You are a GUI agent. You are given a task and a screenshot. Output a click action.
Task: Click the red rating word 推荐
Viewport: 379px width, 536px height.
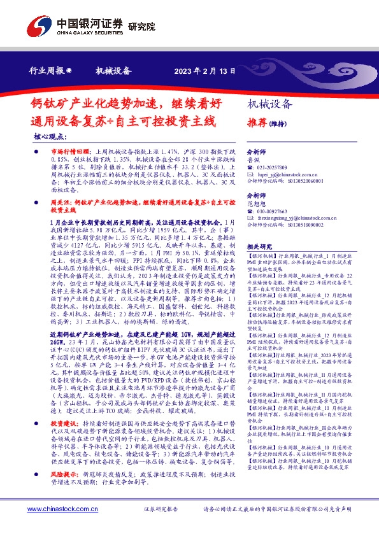(x=257, y=122)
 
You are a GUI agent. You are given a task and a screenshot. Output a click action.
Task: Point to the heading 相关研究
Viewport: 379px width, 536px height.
(x=259, y=246)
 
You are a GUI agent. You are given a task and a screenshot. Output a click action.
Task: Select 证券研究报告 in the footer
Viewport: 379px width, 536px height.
(x=161, y=509)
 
